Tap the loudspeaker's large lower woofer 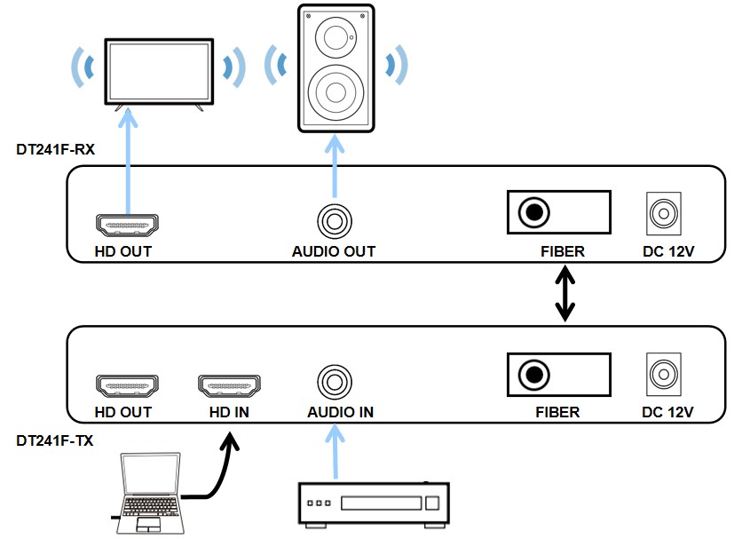[x=336, y=92]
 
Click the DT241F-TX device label [x=55, y=439]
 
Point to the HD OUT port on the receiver [x=126, y=226]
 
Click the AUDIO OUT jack [x=335, y=218]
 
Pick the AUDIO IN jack [x=335, y=382]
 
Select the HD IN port [x=228, y=386]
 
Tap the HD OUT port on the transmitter [x=126, y=386]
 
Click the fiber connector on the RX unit [x=535, y=213]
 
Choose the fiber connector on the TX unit [x=535, y=374]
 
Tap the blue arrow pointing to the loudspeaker [x=335, y=165]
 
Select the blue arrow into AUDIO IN [x=335, y=453]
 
